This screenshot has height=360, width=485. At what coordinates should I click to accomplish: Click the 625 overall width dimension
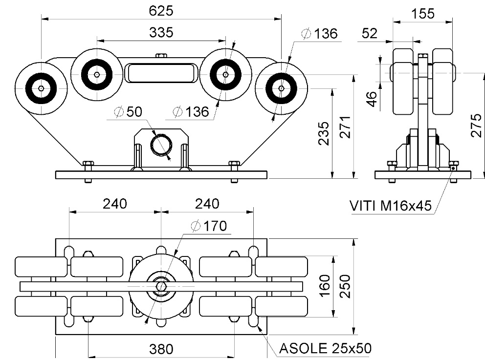coord(161,10)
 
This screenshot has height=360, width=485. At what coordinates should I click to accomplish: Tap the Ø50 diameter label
coord(128,112)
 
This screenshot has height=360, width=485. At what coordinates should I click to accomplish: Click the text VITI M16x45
coord(391,206)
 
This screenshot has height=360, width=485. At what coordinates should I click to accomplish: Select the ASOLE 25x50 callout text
coord(325,348)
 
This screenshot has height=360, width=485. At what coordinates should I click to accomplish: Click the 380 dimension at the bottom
coord(161,349)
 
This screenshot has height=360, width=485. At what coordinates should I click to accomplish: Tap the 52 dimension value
coord(370,33)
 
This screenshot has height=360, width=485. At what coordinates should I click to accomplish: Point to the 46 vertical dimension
coord(372,99)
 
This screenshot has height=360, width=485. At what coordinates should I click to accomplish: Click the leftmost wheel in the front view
coord(41,88)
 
